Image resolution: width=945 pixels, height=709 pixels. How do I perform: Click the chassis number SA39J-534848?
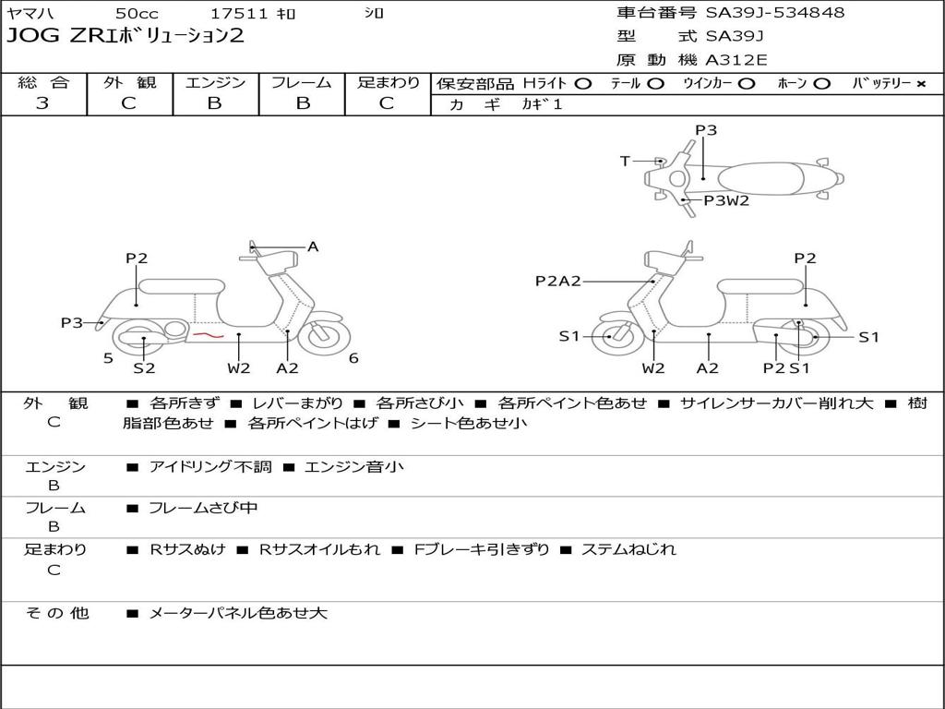tap(775, 13)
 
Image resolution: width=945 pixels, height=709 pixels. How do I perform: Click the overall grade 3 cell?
tap(42, 103)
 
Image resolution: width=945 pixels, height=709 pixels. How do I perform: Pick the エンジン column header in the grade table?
tap(215, 83)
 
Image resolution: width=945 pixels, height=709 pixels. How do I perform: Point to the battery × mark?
tap(920, 84)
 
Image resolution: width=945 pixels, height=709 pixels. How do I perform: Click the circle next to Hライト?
tap(583, 84)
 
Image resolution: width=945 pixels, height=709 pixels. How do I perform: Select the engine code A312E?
tap(736, 61)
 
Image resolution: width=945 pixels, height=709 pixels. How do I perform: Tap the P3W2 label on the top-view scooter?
tap(726, 200)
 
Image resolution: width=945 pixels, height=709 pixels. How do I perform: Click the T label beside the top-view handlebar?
tap(625, 162)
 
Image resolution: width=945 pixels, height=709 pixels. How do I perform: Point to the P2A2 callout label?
tap(558, 281)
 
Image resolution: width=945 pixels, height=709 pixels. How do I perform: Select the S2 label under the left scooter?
tap(144, 368)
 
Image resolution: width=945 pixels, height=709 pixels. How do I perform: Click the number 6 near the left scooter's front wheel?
tap(353, 358)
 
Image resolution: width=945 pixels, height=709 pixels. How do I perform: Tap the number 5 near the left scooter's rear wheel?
tap(108, 358)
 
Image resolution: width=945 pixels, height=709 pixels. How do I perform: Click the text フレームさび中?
tap(203, 508)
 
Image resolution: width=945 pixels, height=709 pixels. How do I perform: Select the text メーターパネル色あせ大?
tap(238, 613)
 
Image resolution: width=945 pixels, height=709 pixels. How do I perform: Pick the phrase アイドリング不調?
tap(210, 467)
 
